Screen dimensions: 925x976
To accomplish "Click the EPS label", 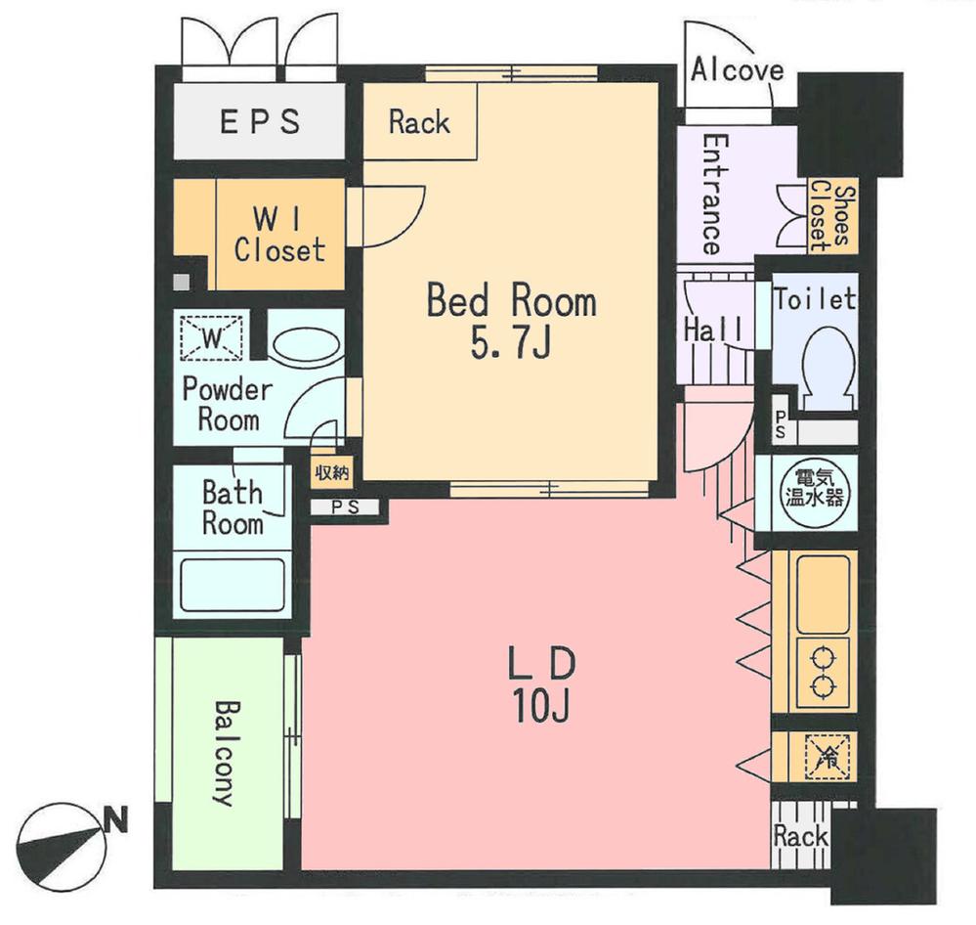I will [x=259, y=123].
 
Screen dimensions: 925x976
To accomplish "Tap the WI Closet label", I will [x=278, y=235].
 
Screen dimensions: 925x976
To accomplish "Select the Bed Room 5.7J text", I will [x=511, y=321].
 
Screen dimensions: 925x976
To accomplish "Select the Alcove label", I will [x=737, y=70].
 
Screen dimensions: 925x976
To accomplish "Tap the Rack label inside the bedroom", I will [x=419, y=123].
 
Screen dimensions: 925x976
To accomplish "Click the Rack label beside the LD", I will [x=800, y=837].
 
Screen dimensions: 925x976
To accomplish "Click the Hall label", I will [x=712, y=330].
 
